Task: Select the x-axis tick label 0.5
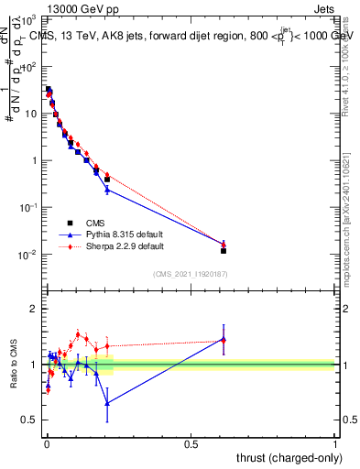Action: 191,443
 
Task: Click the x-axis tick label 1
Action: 335,443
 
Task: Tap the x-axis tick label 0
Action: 47,443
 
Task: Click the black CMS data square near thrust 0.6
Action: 224,250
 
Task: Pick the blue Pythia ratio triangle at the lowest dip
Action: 107,403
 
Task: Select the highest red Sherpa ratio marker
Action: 78,334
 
